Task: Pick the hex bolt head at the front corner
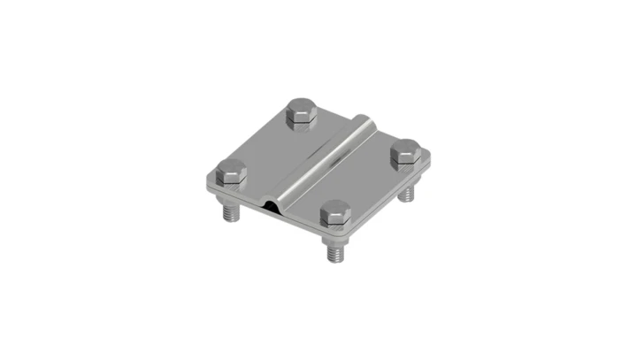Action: click(335, 212)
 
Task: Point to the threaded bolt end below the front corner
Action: click(336, 252)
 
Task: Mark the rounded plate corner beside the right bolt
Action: click(429, 157)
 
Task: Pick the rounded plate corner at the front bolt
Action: click(342, 232)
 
